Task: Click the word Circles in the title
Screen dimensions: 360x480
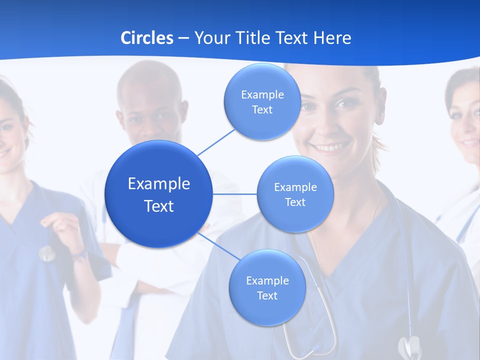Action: pyautogui.click(x=146, y=38)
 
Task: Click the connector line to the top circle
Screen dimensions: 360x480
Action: pyautogui.click(x=216, y=142)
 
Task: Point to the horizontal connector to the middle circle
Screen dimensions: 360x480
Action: pyautogui.click(x=234, y=194)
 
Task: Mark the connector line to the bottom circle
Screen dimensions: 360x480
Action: pyautogui.click(x=218, y=246)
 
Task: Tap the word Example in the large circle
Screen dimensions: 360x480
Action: pyautogui.click(x=159, y=184)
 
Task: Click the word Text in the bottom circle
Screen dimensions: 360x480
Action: pyautogui.click(x=267, y=295)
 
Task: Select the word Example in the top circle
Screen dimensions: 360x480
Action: pyautogui.click(x=262, y=94)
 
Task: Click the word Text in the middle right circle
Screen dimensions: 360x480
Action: pyautogui.click(x=295, y=202)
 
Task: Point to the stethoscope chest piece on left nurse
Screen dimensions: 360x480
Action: pyautogui.click(x=47, y=253)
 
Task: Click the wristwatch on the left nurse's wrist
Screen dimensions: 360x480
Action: pyautogui.click(x=79, y=256)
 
